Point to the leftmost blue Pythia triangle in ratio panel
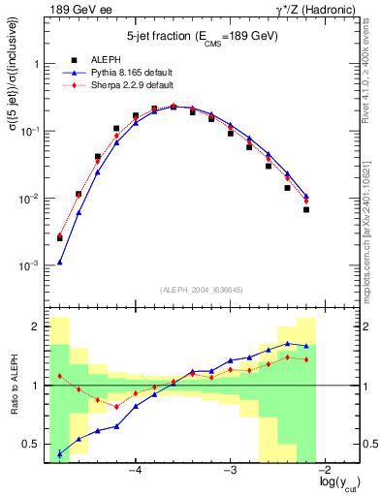click(x=60, y=453)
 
